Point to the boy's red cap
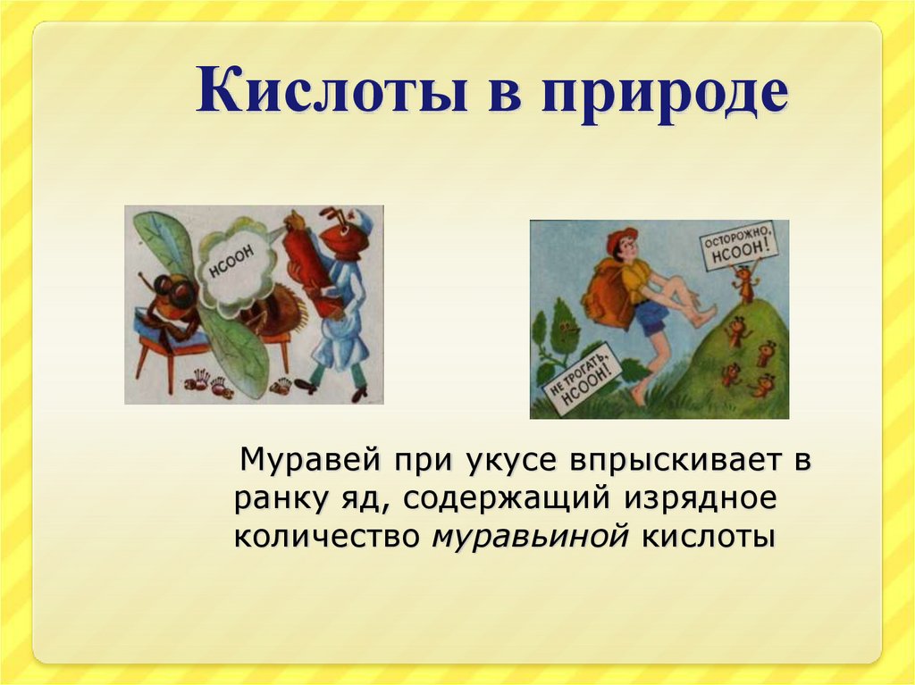(620, 239)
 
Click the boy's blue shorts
(652, 317)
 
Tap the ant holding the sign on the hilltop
(743, 285)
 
